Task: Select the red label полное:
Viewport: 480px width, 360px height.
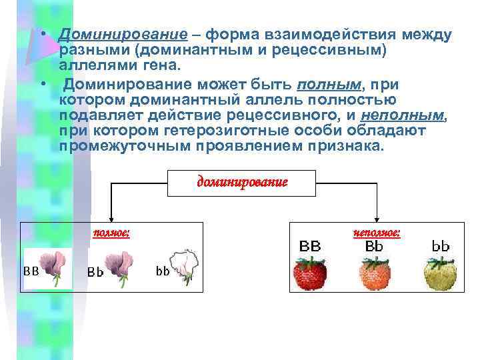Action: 111,233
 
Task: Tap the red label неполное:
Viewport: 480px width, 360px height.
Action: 377,233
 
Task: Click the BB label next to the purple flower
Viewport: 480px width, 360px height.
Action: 31,271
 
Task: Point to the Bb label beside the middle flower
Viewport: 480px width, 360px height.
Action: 95,272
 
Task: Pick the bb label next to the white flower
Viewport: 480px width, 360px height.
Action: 163,271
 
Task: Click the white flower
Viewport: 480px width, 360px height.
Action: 184,267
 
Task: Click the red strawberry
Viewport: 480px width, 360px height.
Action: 311,274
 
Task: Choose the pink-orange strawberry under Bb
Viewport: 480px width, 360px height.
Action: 374,274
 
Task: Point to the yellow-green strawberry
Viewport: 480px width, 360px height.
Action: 441,274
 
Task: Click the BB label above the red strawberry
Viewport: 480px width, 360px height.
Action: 310,246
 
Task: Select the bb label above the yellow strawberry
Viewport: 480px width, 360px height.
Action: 441,246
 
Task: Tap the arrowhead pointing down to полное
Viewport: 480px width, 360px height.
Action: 111,218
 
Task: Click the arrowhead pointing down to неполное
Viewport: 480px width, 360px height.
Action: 377,218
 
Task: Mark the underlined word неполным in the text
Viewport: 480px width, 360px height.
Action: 412,115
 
